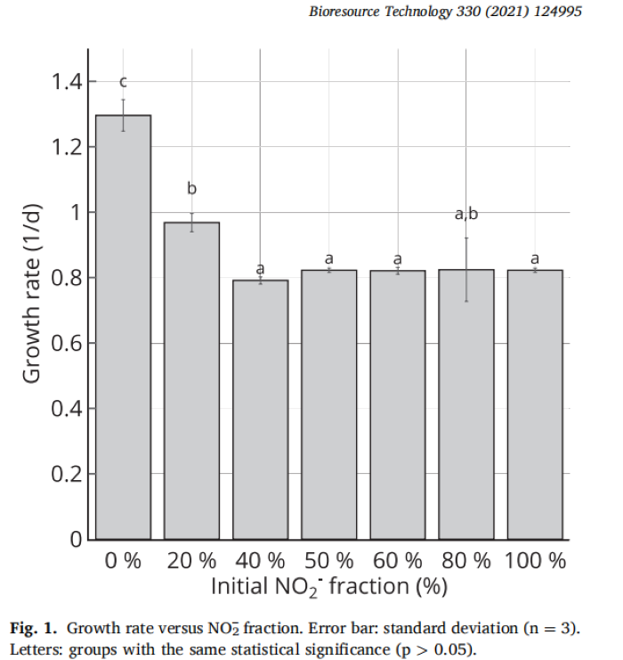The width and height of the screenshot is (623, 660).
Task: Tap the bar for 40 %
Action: point(261,410)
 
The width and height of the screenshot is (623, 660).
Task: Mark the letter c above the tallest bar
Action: point(124,82)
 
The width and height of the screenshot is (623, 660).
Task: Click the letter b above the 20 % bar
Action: point(191,189)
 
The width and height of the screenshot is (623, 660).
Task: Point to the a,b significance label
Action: point(466,214)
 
